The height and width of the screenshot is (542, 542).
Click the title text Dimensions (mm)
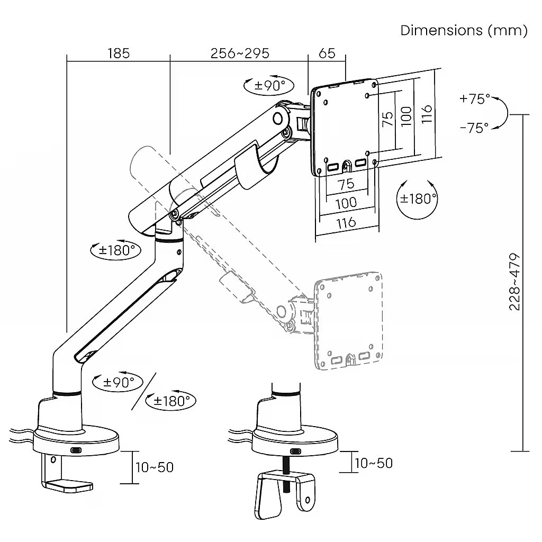(x=464, y=30)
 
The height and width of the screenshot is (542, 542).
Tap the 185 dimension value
(x=118, y=53)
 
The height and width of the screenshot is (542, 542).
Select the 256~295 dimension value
(x=240, y=53)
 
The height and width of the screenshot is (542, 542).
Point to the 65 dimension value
(x=327, y=53)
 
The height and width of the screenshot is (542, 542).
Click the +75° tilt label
(x=474, y=99)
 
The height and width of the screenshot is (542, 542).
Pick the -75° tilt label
(x=474, y=128)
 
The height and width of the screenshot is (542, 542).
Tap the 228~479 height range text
(x=515, y=282)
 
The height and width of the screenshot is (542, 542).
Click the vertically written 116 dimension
(x=427, y=114)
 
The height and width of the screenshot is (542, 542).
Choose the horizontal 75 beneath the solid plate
(x=346, y=184)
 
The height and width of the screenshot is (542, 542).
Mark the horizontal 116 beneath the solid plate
(x=346, y=222)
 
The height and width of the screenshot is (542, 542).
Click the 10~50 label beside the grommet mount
(x=374, y=463)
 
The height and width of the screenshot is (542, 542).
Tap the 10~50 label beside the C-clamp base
(x=155, y=467)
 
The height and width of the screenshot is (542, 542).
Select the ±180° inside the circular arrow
(x=418, y=198)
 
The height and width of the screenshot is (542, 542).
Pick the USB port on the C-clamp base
(x=76, y=450)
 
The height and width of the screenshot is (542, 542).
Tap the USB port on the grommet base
(x=295, y=451)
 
